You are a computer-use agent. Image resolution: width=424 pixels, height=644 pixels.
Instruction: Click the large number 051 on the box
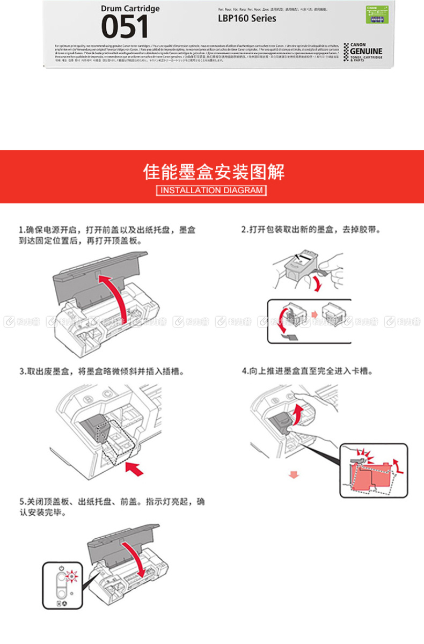[125, 27]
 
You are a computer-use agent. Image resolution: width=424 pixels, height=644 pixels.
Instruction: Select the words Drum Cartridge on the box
[130, 9]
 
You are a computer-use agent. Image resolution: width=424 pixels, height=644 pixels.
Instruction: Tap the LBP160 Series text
[247, 18]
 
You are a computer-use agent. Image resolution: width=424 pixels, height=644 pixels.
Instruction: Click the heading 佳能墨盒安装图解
[213, 171]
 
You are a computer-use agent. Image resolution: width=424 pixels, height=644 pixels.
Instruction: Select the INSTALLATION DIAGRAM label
[212, 190]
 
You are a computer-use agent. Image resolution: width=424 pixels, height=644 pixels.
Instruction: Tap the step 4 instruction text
[308, 371]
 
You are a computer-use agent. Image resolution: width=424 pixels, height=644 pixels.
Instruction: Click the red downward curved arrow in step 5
[136, 558]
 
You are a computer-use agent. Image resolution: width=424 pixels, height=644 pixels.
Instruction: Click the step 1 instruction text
[107, 235]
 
